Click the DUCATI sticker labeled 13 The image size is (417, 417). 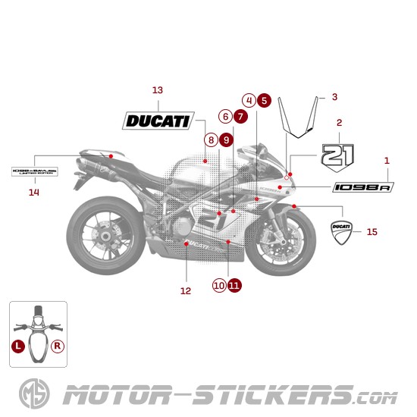click(158, 120)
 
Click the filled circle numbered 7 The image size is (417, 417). click(240, 117)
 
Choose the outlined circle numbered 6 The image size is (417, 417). click(224, 117)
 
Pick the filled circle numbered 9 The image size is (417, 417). click(225, 140)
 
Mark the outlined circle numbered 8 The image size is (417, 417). click(210, 140)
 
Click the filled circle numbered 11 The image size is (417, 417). click(234, 285)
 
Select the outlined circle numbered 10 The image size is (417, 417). click(219, 285)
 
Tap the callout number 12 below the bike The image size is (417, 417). click(186, 290)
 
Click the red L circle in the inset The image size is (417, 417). click(18, 345)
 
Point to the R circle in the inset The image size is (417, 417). click(58, 345)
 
